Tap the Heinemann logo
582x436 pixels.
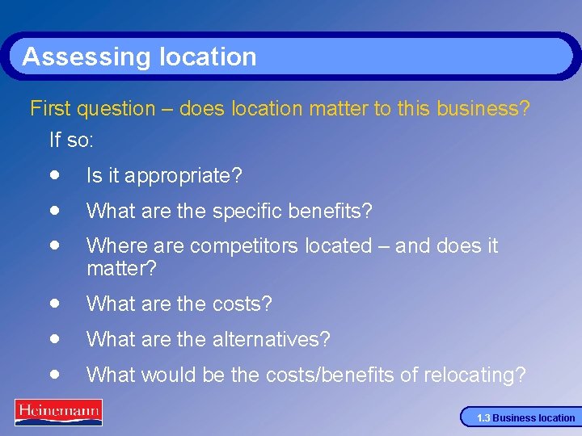(58, 412)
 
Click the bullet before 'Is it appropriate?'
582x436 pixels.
(53, 174)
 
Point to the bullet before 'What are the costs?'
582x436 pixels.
(53, 303)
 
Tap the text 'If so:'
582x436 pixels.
(72, 140)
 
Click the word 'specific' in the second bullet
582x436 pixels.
(245, 212)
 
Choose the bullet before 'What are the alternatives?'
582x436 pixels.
(53, 338)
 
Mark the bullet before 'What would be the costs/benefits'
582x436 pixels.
(53, 374)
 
